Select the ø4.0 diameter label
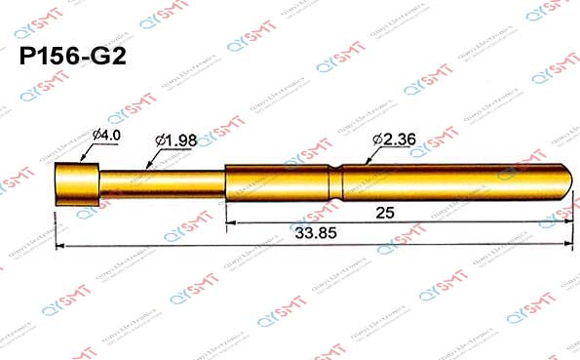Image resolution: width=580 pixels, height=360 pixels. pos(105,135)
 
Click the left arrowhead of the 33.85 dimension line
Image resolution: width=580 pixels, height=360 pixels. pos(59,246)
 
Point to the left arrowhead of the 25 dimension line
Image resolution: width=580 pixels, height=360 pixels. pos(230,223)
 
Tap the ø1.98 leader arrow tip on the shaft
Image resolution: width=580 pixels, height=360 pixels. pos(145,172)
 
